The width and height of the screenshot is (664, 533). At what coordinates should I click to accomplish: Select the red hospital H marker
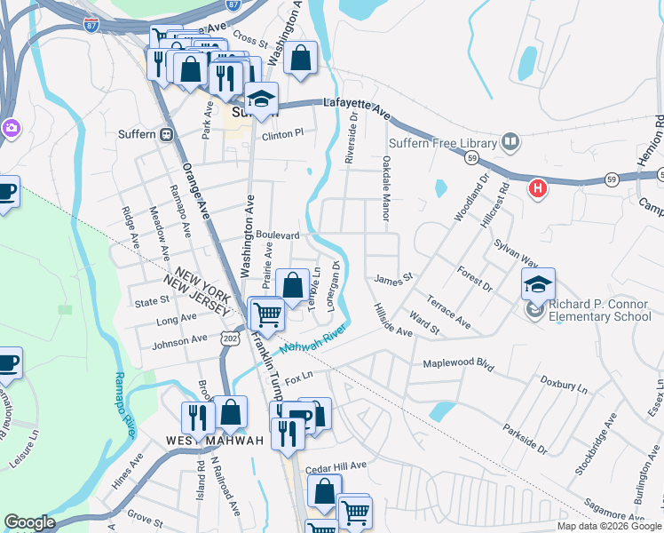[536, 188]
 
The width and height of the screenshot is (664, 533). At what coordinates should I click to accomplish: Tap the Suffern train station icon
[166, 134]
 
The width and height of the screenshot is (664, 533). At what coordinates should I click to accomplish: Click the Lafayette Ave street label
[358, 107]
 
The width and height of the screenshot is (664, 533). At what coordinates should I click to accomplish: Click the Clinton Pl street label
[282, 133]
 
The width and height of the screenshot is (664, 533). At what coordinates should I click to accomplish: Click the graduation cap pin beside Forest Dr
[538, 285]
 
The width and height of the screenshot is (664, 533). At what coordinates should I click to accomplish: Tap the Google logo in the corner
[29, 522]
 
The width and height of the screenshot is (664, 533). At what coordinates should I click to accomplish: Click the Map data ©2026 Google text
[608, 526]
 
